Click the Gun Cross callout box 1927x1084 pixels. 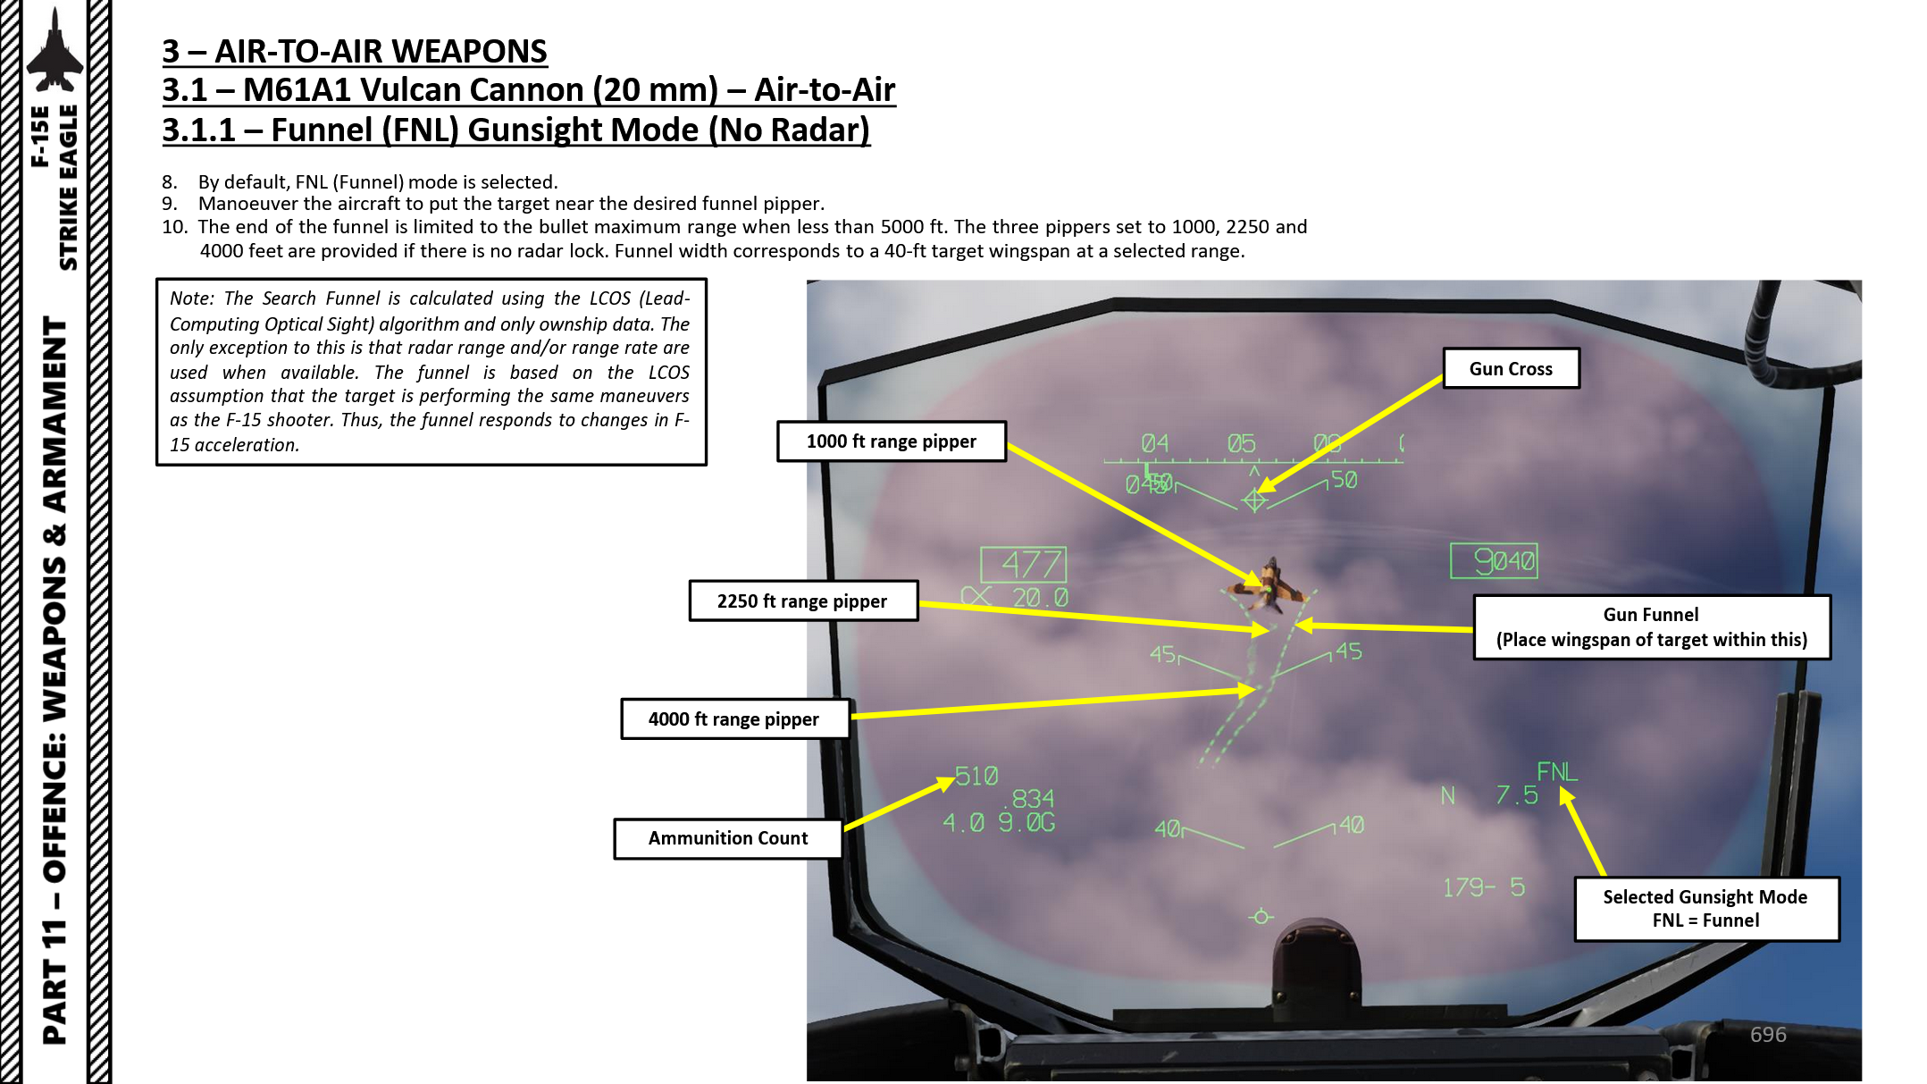coord(1511,369)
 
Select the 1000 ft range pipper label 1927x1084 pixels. coord(891,441)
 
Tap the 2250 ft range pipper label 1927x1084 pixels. coord(802,601)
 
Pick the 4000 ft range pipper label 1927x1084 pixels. coord(733,719)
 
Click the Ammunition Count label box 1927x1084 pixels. coord(727,838)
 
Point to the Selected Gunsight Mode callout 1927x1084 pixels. coord(1705,909)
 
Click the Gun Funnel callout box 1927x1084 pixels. coord(1651,627)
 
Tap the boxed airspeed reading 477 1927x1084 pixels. coord(1024,565)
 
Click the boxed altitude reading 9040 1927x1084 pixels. coord(1494,561)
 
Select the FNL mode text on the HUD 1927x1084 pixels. coord(1556,771)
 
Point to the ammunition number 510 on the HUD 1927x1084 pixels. coord(976,776)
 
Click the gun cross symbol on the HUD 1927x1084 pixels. coord(1254,500)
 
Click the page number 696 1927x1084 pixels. coord(1767,1035)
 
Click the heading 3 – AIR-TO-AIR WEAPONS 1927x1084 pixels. coord(354,51)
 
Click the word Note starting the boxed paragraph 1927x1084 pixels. coord(190,298)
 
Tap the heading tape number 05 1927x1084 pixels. coord(1241,443)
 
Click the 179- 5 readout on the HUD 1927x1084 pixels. coord(1483,887)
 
